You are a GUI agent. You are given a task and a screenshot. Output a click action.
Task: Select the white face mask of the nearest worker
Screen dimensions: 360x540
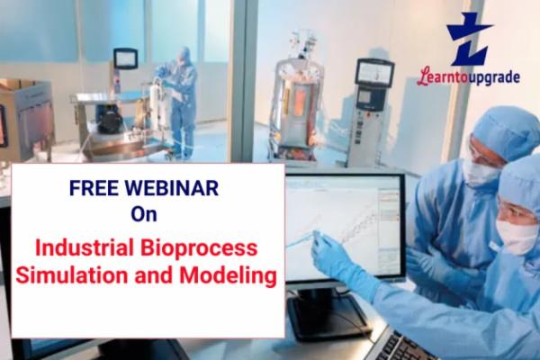[517, 236]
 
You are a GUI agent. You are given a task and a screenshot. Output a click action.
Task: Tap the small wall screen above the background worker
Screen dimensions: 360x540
[125, 58]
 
